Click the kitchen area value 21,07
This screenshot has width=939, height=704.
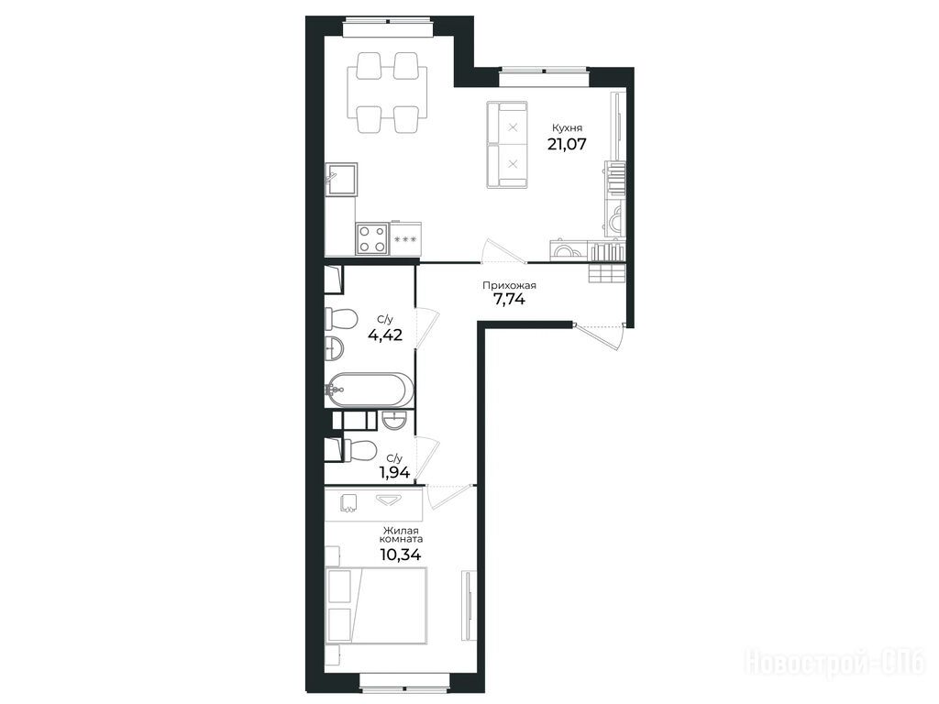coord(567,144)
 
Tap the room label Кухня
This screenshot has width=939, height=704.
coord(567,127)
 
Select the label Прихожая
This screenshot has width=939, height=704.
coord(509,286)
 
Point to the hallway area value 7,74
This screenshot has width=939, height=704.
coord(509,300)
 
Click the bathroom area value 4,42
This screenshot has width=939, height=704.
coord(385,335)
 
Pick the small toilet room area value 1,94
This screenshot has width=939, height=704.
coord(394,473)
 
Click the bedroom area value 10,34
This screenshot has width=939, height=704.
coord(400,555)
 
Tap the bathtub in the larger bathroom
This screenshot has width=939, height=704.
coord(370,390)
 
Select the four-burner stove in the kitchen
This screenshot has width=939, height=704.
coord(371,238)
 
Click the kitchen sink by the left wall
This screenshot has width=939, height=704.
coord(341,180)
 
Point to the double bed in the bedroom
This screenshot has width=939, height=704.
coord(377,606)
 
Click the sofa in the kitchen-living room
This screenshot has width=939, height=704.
coord(507,146)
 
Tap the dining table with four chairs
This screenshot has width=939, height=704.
coord(388,93)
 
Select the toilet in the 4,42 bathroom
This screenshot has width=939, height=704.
coord(341,318)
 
